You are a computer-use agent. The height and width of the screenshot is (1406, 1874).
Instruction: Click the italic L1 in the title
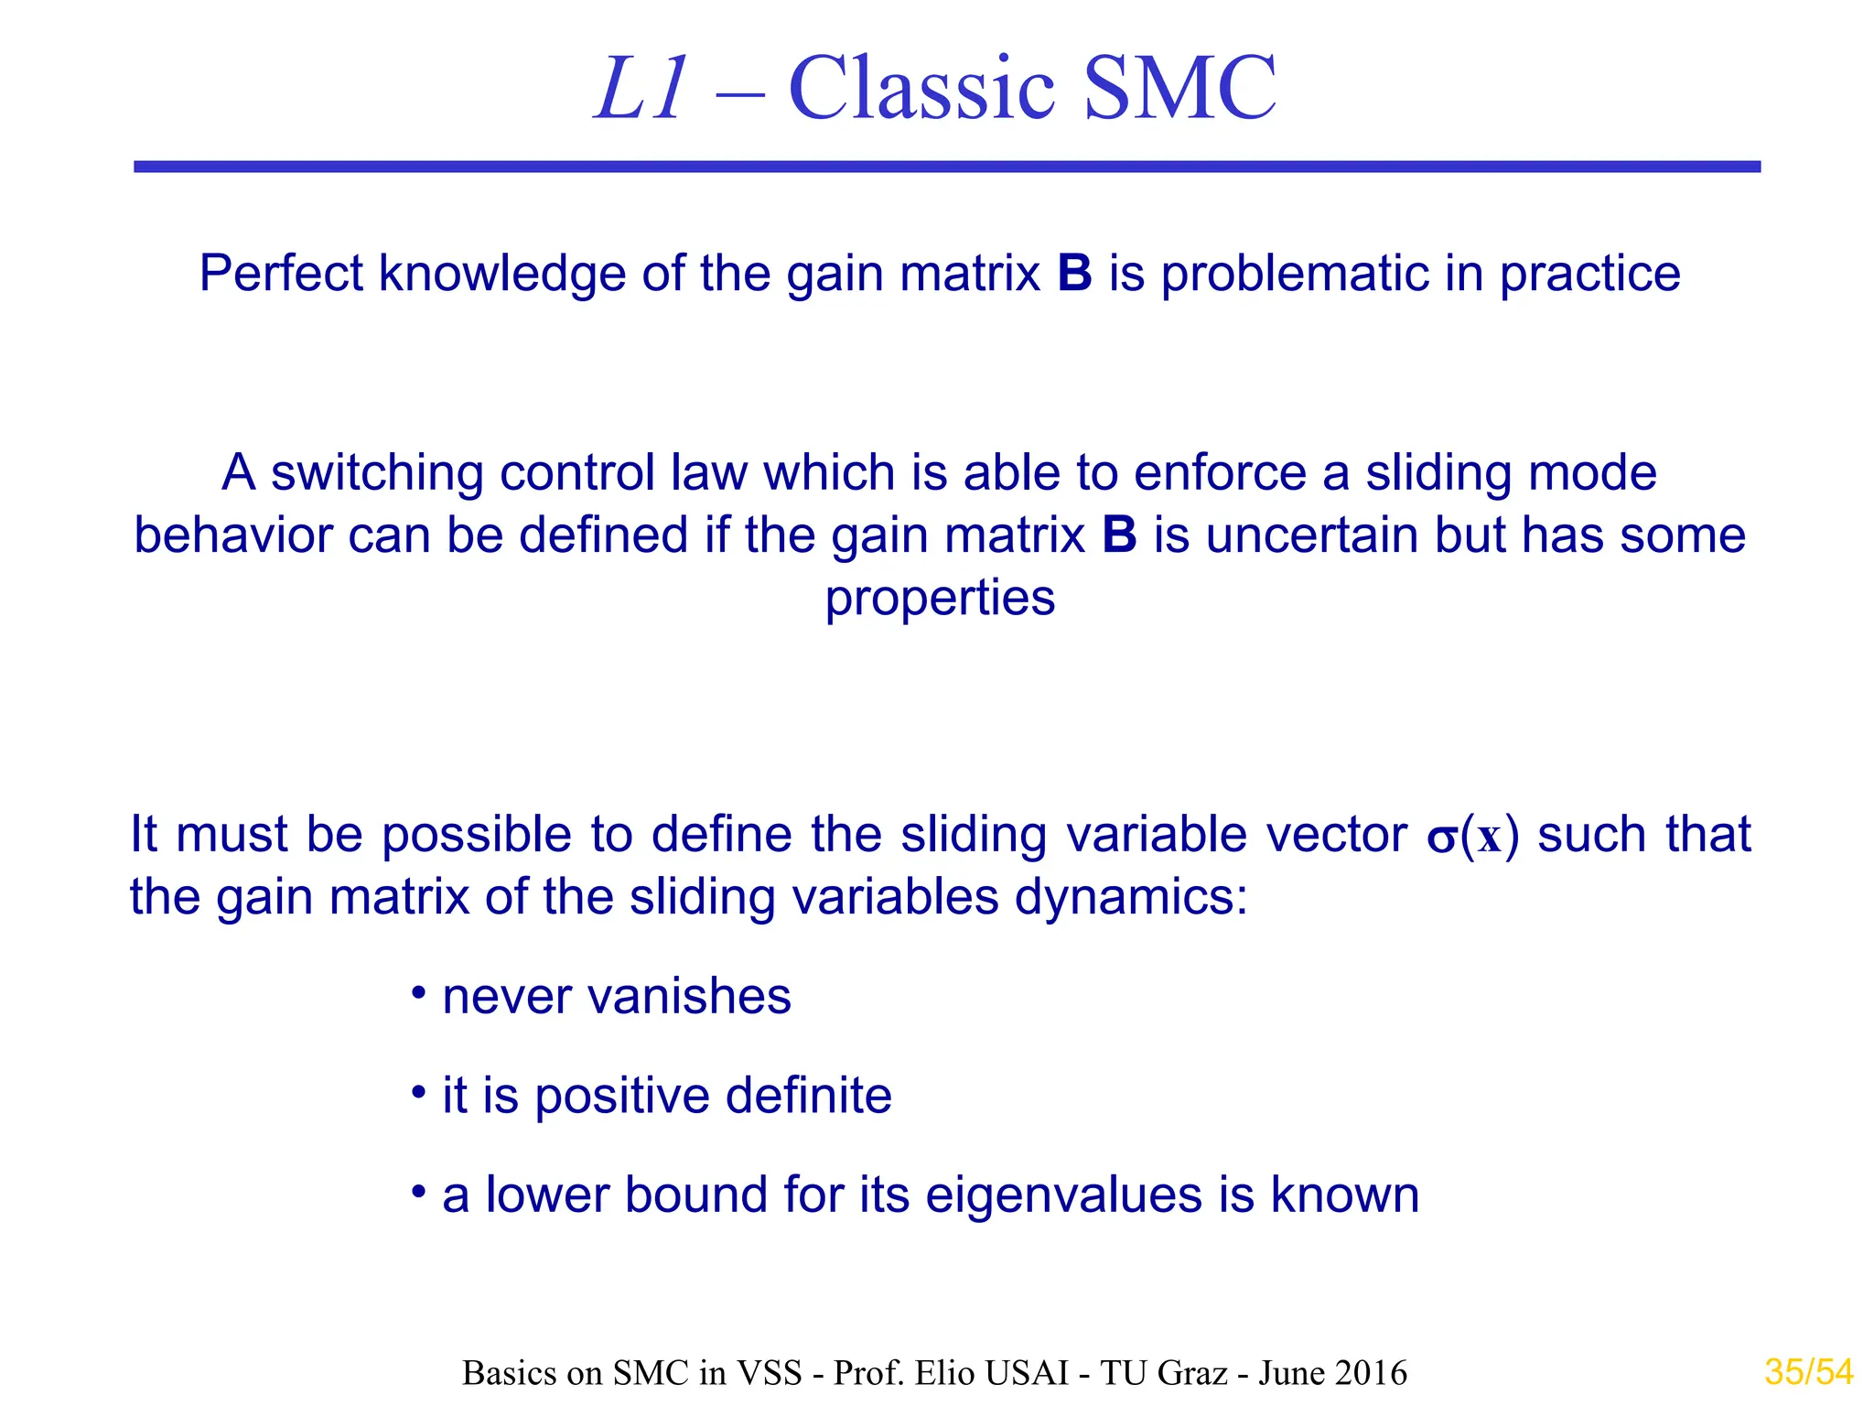pos(641,90)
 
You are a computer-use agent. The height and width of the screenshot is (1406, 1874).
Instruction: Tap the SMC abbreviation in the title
pos(1179,90)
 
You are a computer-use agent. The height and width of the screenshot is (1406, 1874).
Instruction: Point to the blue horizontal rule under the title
pos(947,167)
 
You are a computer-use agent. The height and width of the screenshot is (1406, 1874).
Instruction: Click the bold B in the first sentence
pos(1074,274)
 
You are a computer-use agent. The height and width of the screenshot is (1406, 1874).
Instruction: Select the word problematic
pos(1293,274)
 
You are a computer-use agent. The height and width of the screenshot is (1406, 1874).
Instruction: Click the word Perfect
pos(281,274)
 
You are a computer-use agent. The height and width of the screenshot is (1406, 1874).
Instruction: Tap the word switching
pos(377,474)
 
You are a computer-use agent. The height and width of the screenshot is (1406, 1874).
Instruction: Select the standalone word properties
pos(940,600)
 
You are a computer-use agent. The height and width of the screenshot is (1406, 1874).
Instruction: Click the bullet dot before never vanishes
pos(418,993)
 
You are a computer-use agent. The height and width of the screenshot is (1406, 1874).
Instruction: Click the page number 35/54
pos(1808,1372)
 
